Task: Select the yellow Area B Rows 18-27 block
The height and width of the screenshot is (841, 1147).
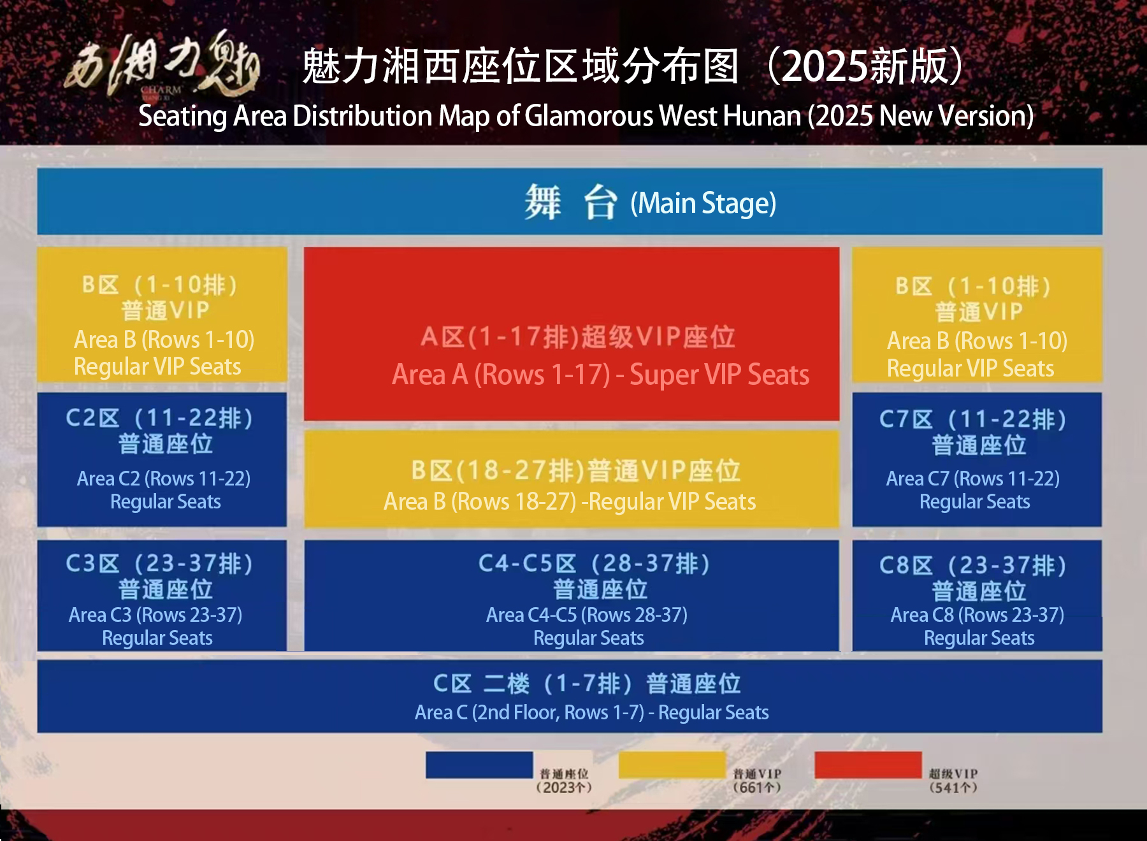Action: click(x=571, y=478)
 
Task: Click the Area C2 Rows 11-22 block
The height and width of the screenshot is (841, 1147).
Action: click(x=162, y=459)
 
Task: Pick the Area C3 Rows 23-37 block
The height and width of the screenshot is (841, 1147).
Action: click(x=162, y=596)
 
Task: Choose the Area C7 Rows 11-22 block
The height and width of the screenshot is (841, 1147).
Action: click(x=977, y=459)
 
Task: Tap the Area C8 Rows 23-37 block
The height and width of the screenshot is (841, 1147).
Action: click(x=977, y=596)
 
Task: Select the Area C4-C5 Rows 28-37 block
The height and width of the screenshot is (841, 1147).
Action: click(x=571, y=596)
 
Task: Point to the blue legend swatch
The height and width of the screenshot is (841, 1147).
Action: click(x=479, y=765)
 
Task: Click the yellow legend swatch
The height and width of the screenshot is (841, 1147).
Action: click(x=672, y=765)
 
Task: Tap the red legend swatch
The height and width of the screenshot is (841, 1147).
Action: click(x=868, y=765)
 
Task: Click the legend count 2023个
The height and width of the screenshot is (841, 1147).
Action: click(x=564, y=787)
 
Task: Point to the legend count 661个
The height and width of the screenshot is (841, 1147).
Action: click(x=757, y=787)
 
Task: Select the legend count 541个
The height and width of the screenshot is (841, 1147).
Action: click(x=953, y=787)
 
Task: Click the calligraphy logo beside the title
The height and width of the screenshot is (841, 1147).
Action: click(x=163, y=64)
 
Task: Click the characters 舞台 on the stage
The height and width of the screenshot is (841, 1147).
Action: click(x=570, y=203)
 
